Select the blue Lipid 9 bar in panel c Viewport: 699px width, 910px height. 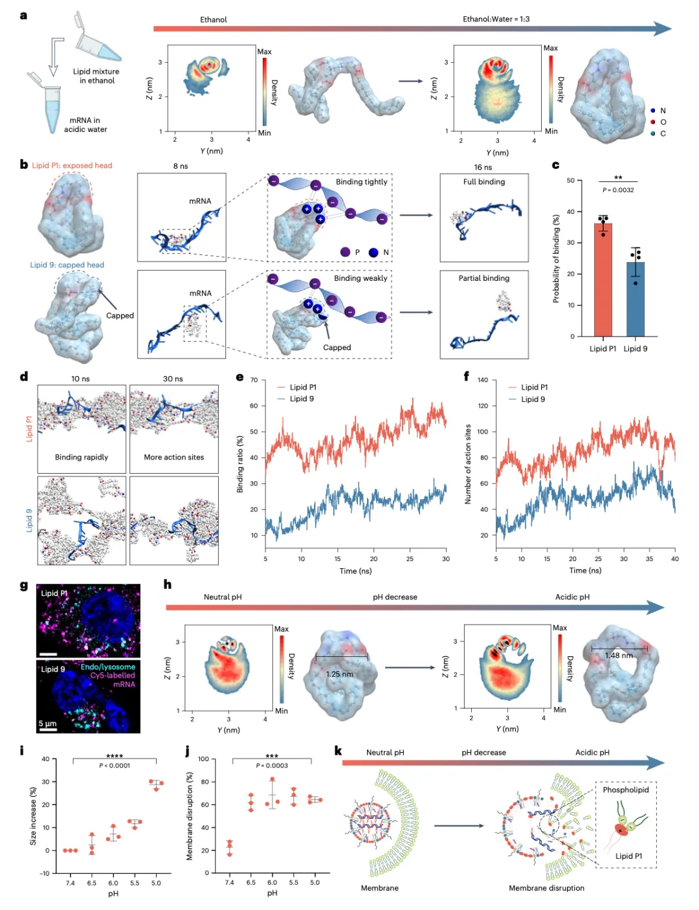point(635,301)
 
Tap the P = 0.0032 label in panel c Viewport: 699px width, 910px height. point(618,190)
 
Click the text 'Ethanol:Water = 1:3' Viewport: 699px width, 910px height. point(496,19)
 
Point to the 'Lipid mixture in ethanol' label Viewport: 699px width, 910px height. point(96,76)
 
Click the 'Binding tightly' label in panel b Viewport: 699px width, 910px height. point(361,182)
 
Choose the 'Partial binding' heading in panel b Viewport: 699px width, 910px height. point(483,278)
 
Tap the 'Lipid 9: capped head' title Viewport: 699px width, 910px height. point(67,265)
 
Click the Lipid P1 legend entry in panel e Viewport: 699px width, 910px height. point(303,387)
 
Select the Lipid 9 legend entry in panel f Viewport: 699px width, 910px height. point(533,399)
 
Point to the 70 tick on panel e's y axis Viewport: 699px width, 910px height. point(254,380)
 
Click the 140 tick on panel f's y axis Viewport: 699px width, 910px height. point(483,380)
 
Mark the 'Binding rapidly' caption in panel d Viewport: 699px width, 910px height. point(82,457)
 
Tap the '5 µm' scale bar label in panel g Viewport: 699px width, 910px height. point(47,723)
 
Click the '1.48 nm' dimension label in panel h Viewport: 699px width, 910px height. point(619,656)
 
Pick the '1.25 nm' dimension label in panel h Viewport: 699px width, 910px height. point(340,674)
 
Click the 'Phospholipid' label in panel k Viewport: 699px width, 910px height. point(625,790)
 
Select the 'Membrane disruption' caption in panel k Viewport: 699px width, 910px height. point(546,888)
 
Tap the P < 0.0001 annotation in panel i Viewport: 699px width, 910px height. point(115,766)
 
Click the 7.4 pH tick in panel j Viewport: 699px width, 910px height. point(229,882)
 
